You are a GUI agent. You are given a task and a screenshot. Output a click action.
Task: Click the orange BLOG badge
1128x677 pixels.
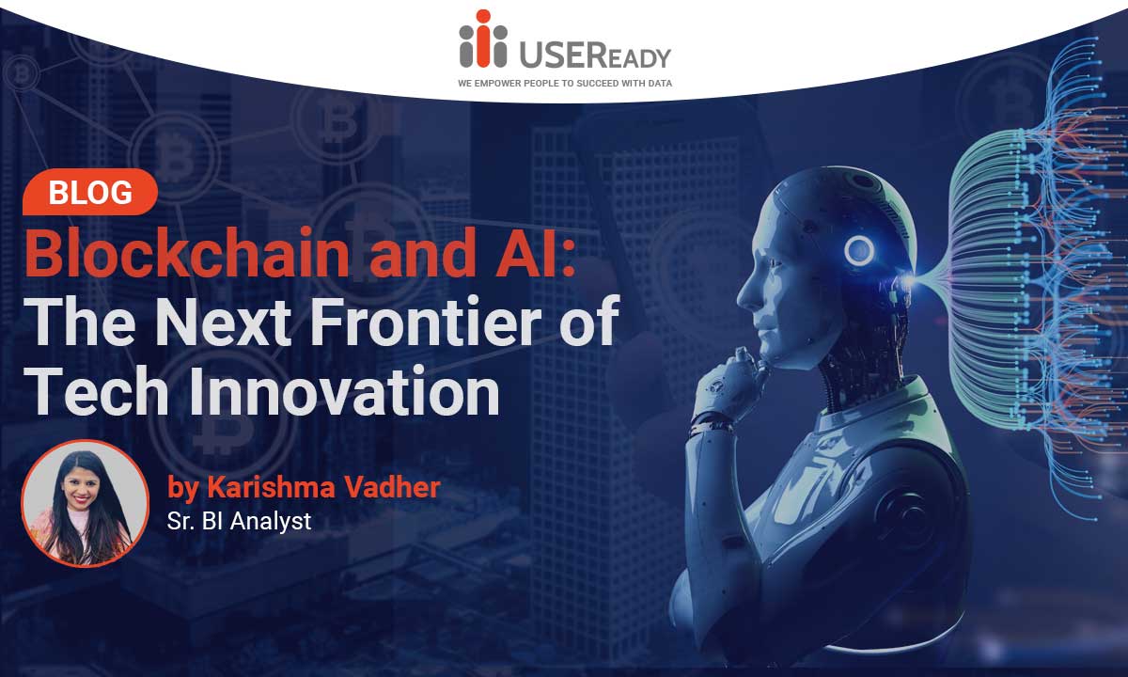click(90, 192)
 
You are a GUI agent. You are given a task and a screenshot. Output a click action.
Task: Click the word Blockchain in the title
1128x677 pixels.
click(187, 252)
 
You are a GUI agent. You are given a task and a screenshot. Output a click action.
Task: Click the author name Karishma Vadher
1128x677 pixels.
click(323, 487)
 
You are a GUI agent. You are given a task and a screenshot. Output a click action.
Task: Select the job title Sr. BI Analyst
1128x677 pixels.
click(239, 521)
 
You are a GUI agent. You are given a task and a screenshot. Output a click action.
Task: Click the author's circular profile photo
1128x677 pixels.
click(86, 503)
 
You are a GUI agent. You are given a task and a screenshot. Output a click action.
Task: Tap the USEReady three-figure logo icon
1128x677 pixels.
click(483, 39)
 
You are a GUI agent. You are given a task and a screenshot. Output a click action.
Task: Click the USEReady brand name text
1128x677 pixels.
click(595, 54)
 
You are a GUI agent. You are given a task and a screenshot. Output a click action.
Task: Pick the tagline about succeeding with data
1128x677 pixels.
click(565, 83)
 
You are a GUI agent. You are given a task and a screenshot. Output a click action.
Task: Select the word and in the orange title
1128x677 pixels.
click(422, 252)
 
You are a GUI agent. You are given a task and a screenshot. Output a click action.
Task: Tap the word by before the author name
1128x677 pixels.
click(181, 489)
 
